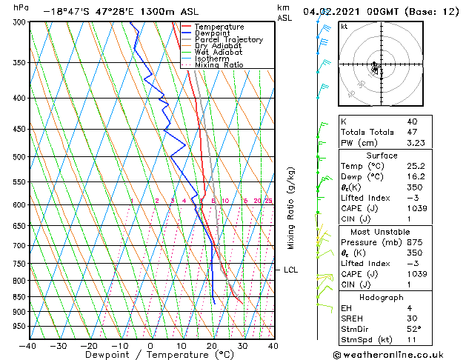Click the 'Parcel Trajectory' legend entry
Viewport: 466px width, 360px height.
228,39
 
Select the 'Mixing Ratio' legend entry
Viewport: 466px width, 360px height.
219,65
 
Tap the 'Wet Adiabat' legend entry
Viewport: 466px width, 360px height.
219,53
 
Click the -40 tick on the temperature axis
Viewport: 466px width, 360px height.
28,345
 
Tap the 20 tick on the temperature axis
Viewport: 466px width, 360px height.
212,345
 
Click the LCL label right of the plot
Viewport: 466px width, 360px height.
290,270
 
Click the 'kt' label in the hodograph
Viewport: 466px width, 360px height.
344,27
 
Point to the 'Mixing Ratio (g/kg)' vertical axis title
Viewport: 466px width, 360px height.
291,207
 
